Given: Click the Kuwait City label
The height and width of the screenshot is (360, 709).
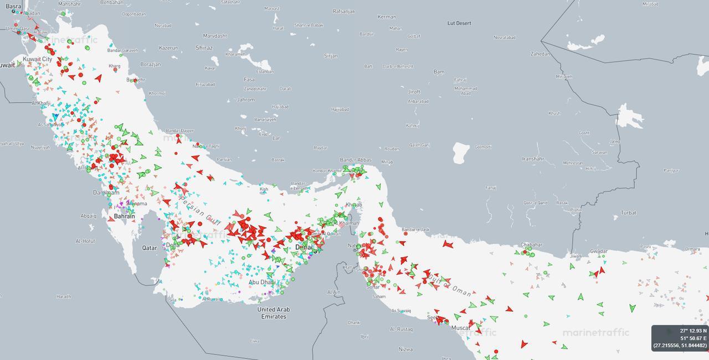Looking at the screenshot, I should point(38,59).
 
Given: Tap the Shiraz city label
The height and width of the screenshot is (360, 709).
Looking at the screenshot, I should point(204,48).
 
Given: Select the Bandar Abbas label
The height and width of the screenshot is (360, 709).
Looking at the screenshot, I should point(356,160).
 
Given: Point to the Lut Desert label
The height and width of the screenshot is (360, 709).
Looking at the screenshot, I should point(459,23).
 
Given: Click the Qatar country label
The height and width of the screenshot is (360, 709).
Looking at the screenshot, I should point(150,248).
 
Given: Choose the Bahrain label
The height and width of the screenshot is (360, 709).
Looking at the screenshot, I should point(125,216).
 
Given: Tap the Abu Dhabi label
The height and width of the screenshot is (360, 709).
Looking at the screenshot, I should point(262,282).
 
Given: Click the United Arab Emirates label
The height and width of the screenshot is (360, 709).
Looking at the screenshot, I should point(274,313).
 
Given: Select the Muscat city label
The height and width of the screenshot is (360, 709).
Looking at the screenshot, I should point(460,328).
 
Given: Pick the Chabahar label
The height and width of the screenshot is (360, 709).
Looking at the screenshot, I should point(531,245).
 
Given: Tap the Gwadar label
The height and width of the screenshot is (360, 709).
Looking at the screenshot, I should point(599,251).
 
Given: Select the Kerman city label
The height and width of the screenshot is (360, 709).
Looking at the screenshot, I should point(387,17).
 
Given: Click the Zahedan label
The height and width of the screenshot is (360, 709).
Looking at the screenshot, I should point(541,54).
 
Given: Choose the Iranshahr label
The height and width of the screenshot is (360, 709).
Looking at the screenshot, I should point(533,159).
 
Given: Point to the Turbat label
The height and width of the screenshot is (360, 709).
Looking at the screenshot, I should point(629,213).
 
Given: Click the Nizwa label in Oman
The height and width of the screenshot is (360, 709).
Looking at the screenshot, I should point(405,349).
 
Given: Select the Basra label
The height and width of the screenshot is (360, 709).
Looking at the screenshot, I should point(13,7).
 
